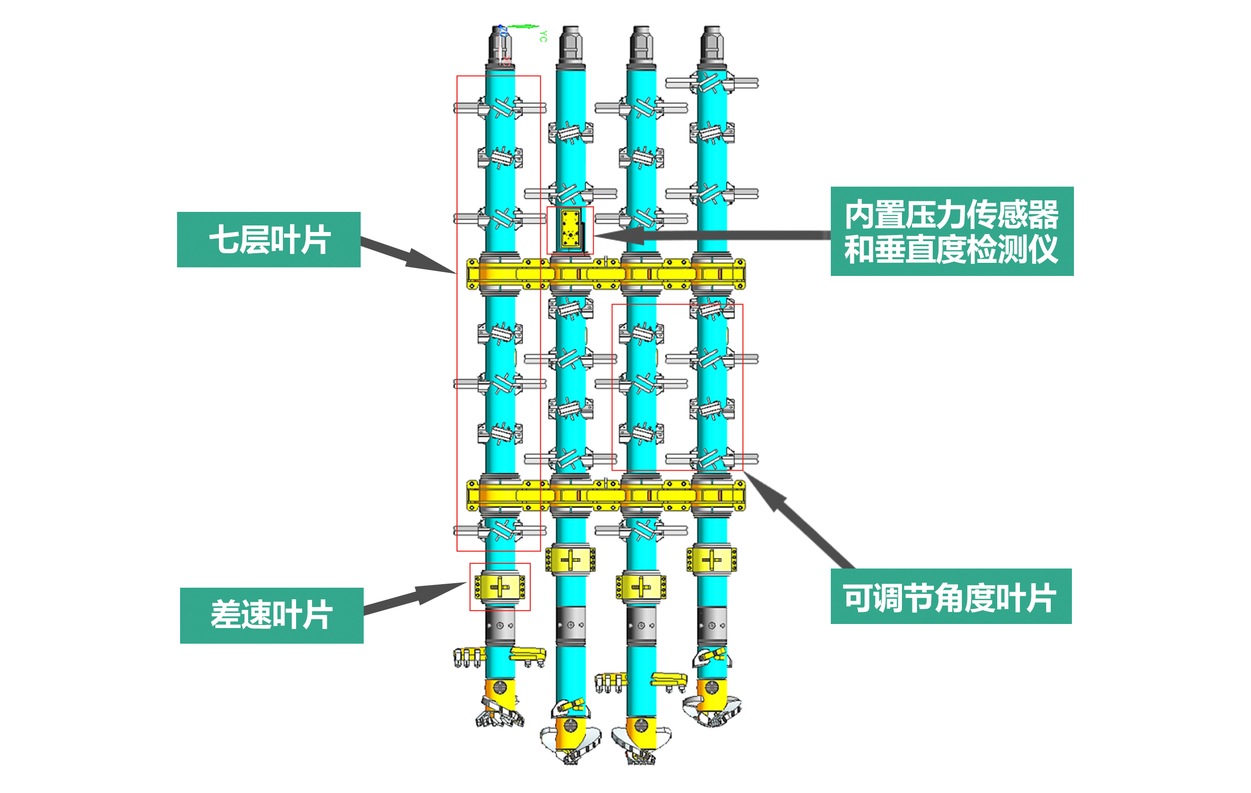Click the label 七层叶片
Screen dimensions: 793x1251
268,240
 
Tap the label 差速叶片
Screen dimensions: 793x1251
271,615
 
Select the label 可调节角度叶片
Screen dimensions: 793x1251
951,596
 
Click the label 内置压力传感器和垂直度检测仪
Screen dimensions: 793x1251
952,231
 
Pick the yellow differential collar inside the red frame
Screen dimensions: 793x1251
500,587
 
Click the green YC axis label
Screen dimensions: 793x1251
543,36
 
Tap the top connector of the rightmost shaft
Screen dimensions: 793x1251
712,45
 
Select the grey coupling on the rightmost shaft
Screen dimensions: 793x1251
712,626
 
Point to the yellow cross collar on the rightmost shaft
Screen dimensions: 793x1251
712,560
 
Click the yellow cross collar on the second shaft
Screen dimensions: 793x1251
571,560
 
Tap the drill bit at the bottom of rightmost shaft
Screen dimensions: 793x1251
712,704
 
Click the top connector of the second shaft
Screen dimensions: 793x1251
571,45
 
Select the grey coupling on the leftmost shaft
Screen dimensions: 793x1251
500,626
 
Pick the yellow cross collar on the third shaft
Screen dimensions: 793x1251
641,587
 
